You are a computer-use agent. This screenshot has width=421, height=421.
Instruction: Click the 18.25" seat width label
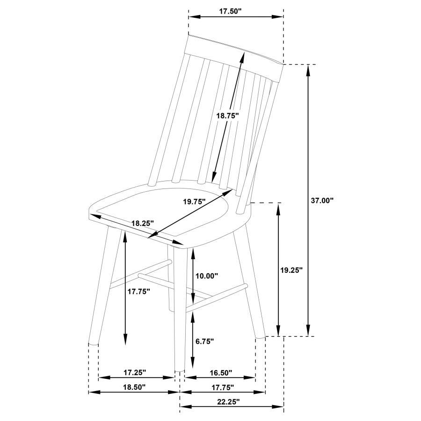[142, 224]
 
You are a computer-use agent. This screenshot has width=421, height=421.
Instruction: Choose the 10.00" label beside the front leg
[206, 276]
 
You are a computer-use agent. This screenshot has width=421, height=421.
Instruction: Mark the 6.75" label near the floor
[204, 341]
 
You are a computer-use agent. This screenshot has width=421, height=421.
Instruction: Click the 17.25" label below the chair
[135, 372]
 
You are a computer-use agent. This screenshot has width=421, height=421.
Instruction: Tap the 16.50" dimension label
[220, 372]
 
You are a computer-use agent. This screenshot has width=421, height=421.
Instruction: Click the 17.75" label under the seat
[138, 291]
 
